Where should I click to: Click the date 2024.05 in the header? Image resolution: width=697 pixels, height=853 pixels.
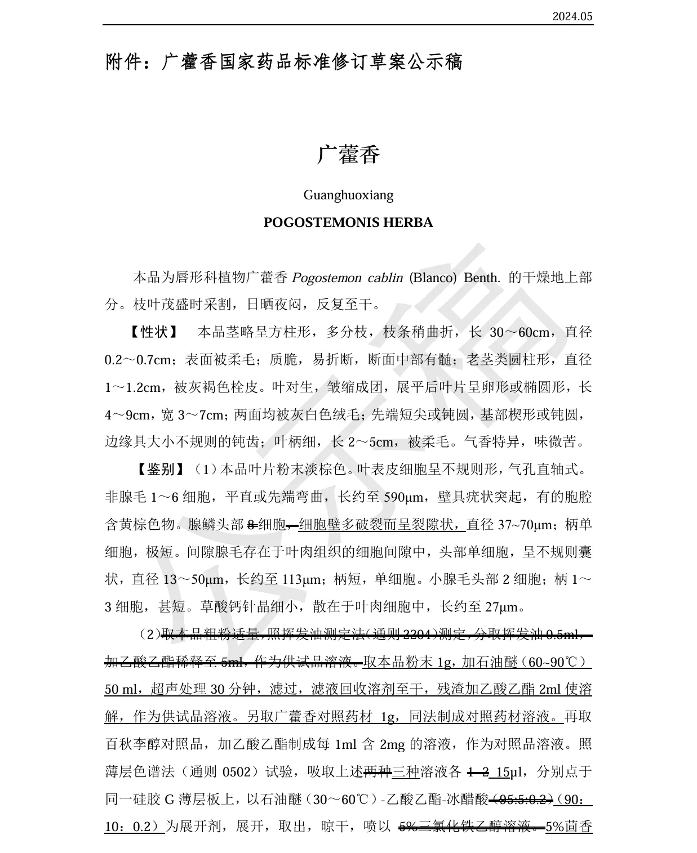572,16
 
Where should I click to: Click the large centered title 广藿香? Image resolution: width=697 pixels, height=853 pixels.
348,155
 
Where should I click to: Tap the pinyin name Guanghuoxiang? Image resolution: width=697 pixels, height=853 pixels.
348,195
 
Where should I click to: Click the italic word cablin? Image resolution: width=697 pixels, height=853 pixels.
385,278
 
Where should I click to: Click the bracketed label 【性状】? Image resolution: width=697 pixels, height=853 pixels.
154,332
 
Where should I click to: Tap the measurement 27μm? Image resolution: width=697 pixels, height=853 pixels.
504,607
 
